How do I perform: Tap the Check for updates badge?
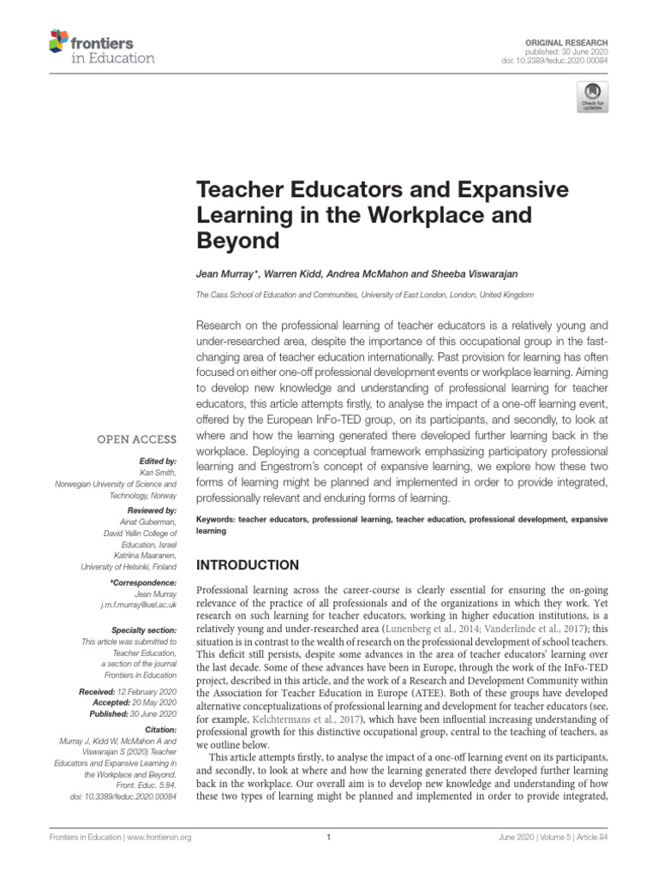click(x=591, y=98)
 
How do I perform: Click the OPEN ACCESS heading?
click(x=137, y=439)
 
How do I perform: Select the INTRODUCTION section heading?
click(x=248, y=565)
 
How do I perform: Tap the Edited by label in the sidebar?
click(x=155, y=461)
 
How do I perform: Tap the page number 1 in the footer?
click(x=328, y=837)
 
